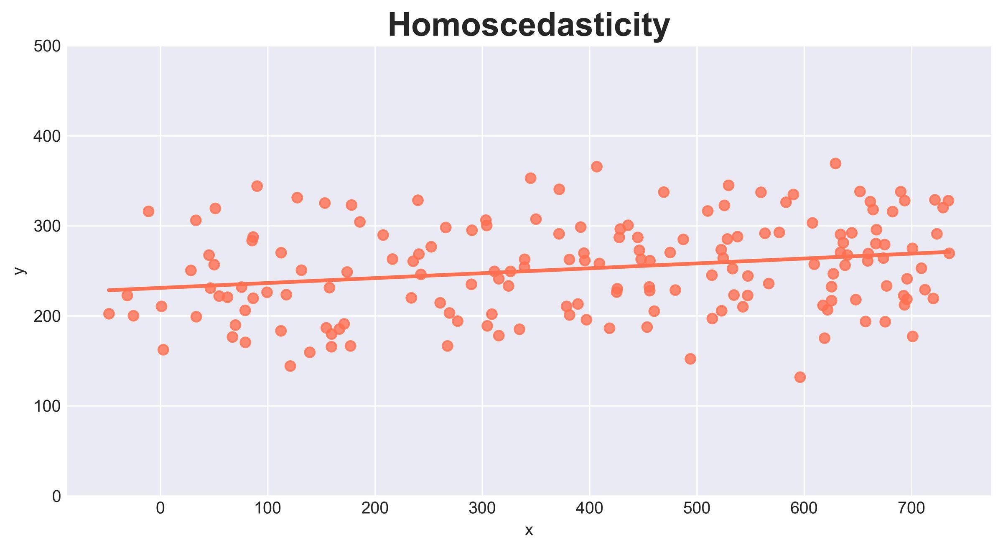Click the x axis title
click(x=529, y=530)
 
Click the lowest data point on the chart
click(x=800, y=377)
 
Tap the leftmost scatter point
click(x=109, y=313)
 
